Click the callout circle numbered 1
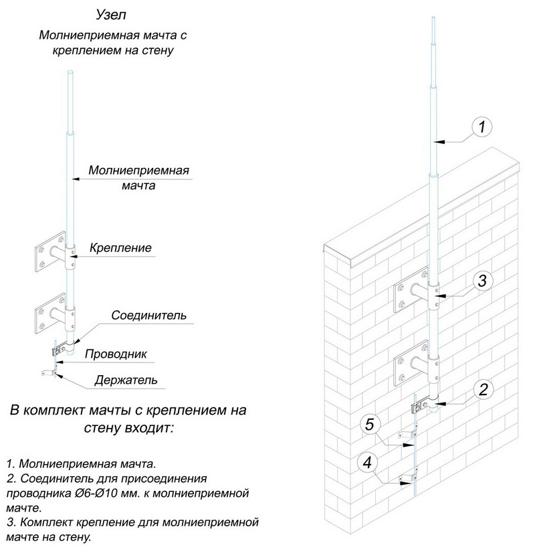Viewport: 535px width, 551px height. point(483,126)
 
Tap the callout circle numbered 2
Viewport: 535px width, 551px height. point(486,388)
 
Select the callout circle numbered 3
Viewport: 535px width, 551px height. point(486,281)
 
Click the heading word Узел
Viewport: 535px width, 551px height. point(111,15)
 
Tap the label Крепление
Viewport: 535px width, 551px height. point(120,248)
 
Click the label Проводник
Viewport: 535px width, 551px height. point(116,354)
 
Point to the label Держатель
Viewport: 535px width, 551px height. point(126,380)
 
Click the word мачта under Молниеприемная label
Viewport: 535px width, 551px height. point(138,186)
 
